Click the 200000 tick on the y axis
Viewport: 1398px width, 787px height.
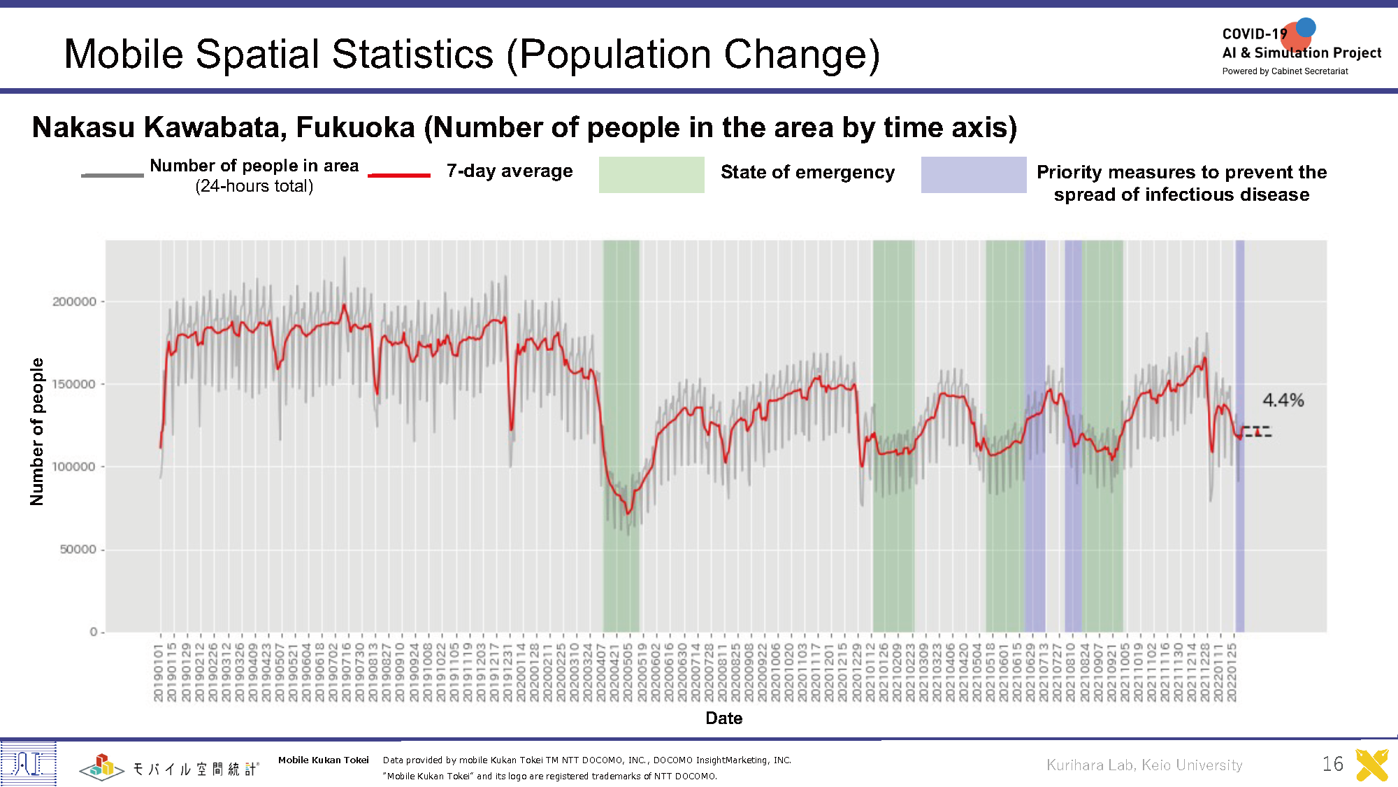click(x=75, y=302)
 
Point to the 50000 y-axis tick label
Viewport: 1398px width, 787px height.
click(x=78, y=549)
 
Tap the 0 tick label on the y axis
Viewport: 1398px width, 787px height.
click(x=94, y=632)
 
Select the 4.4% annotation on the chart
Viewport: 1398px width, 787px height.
click(x=1283, y=400)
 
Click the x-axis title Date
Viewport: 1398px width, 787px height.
click(x=723, y=718)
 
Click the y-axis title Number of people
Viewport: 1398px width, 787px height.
click(x=37, y=432)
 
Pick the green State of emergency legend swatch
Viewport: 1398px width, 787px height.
click(x=651, y=175)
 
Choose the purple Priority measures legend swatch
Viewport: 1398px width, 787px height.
click(x=973, y=175)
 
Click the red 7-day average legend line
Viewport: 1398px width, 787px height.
click(x=399, y=175)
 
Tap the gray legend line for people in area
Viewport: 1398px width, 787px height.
click(x=112, y=175)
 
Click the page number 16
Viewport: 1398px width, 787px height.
click(x=1332, y=763)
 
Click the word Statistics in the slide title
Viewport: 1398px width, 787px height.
click(x=412, y=54)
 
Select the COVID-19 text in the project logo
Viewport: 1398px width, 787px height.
click(x=1254, y=34)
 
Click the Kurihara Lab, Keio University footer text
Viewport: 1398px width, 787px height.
click(x=1144, y=765)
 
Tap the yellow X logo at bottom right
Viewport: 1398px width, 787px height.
click(x=1371, y=765)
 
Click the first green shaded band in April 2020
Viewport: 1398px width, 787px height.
click(x=621, y=434)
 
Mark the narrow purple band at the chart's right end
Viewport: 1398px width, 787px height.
click(x=1239, y=434)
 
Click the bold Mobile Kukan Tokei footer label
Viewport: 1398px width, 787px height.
click(x=323, y=760)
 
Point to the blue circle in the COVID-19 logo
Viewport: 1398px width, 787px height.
click(x=1306, y=27)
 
